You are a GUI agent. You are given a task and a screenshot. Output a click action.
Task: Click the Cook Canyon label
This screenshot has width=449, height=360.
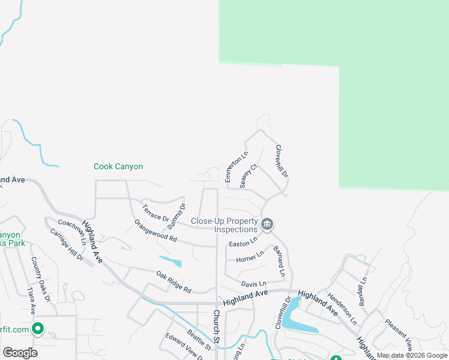pos(118,166)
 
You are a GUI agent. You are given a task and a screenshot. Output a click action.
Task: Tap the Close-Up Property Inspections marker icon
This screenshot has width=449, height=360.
pos(268,225)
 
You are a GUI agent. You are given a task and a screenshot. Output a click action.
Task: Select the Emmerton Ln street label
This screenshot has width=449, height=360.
pos(236,167)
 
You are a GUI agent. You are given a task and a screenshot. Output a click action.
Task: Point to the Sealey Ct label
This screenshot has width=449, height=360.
pos(249,176)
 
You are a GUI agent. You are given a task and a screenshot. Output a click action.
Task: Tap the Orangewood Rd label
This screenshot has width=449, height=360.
pos(155,230)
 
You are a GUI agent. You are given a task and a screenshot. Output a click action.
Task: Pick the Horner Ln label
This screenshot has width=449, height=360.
pos(250,257)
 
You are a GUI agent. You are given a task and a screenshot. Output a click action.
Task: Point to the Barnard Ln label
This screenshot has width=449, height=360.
pos(279,260)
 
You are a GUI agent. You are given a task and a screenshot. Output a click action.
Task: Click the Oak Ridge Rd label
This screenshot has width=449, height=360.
pos(173,282)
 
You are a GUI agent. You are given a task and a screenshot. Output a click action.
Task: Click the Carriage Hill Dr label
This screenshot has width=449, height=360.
pos(67,244)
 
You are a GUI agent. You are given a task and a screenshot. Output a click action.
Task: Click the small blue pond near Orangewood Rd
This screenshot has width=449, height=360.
pos(172,262)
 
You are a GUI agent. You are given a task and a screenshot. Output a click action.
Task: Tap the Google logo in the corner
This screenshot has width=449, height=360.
pos(20,352)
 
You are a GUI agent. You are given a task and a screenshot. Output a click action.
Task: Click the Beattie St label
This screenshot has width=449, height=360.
pos(199,340)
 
